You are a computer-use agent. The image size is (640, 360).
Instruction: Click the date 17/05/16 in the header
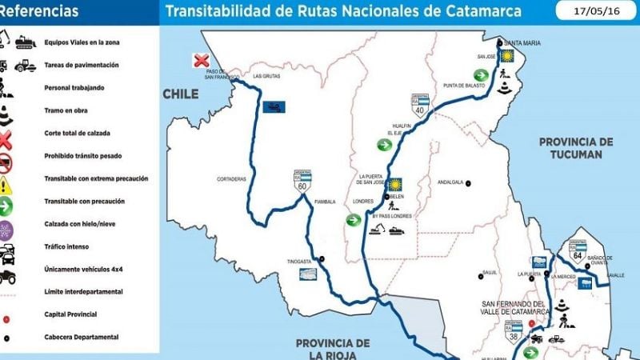(595, 11)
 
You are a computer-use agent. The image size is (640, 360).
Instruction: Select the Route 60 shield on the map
(302, 183)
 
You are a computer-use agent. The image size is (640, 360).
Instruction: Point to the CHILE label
(181, 94)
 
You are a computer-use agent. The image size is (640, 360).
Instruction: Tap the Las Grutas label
(266, 77)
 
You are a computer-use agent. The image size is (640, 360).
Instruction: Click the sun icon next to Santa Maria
(506, 57)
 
